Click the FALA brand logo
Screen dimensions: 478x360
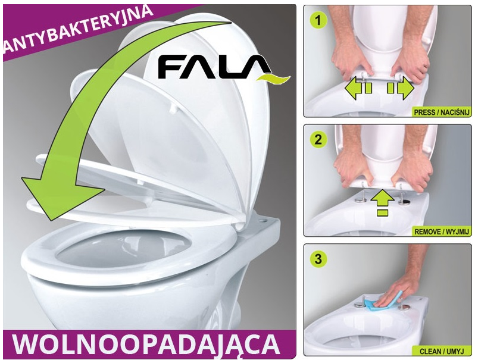click(x=224, y=68)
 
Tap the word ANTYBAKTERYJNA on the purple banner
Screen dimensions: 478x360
click(x=78, y=29)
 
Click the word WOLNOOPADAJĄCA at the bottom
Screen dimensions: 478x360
click(x=146, y=345)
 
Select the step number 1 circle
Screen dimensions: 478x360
click(x=318, y=21)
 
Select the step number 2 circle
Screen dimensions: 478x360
click(x=318, y=140)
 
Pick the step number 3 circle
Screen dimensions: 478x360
click(x=318, y=259)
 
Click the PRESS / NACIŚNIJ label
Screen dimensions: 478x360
click(x=442, y=112)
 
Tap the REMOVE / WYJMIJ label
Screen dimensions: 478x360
click(x=442, y=232)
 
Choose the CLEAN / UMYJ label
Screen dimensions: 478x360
click(x=442, y=351)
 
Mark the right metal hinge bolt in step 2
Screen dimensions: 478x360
click(x=404, y=200)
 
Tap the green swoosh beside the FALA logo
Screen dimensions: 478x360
click(x=273, y=79)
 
